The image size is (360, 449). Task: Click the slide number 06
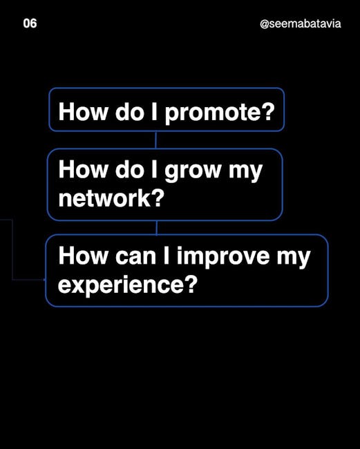[x=30, y=23]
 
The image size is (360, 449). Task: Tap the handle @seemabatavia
[x=301, y=23]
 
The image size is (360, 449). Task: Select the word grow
[x=193, y=171]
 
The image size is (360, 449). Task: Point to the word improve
[x=223, y=257]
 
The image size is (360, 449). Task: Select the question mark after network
[x=158, y=198]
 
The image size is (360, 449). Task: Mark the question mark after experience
[x=191, y=283]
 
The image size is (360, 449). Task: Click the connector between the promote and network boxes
[x=155, y=140]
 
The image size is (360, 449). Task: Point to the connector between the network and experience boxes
[x=156, y=228]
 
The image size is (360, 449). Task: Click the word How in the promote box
[x=82, y=111]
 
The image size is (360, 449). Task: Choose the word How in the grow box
[x=82, y=169]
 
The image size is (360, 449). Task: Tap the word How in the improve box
[x=82, y=256]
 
